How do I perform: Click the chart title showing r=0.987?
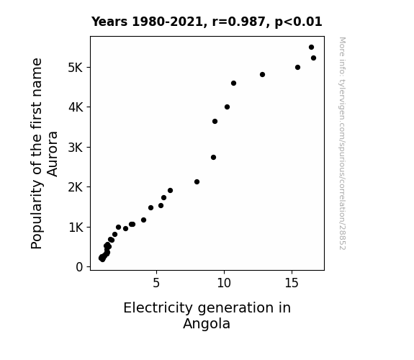(x=207, y=22)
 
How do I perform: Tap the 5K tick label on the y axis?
(x=76, y=68)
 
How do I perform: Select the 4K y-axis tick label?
(x=76, y=107)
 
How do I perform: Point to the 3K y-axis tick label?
(x=76, y=148)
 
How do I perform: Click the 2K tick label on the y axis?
(x=76, y=187)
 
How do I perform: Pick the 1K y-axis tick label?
(x=76, y=228)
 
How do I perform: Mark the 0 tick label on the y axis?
(x=79, y=267)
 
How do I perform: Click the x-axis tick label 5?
(x=156, y=283)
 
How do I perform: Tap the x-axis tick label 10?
(x=224, y=283)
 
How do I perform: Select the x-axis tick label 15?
(x=292, y=283)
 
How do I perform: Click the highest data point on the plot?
(x=311, y=48)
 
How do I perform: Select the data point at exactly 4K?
(x=227, y=107)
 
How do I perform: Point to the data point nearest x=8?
(x=197, y=181)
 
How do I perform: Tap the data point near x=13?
(x=262, y=74)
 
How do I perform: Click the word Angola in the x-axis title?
(x=207, y=323)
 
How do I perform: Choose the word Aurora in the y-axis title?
(x=53, y=154)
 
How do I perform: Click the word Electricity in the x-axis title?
(x=158, y=307)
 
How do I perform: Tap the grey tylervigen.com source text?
(x=342, y=143)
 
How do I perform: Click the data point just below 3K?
(x=213, y=158)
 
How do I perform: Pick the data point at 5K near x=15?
(x=297, y=68)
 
